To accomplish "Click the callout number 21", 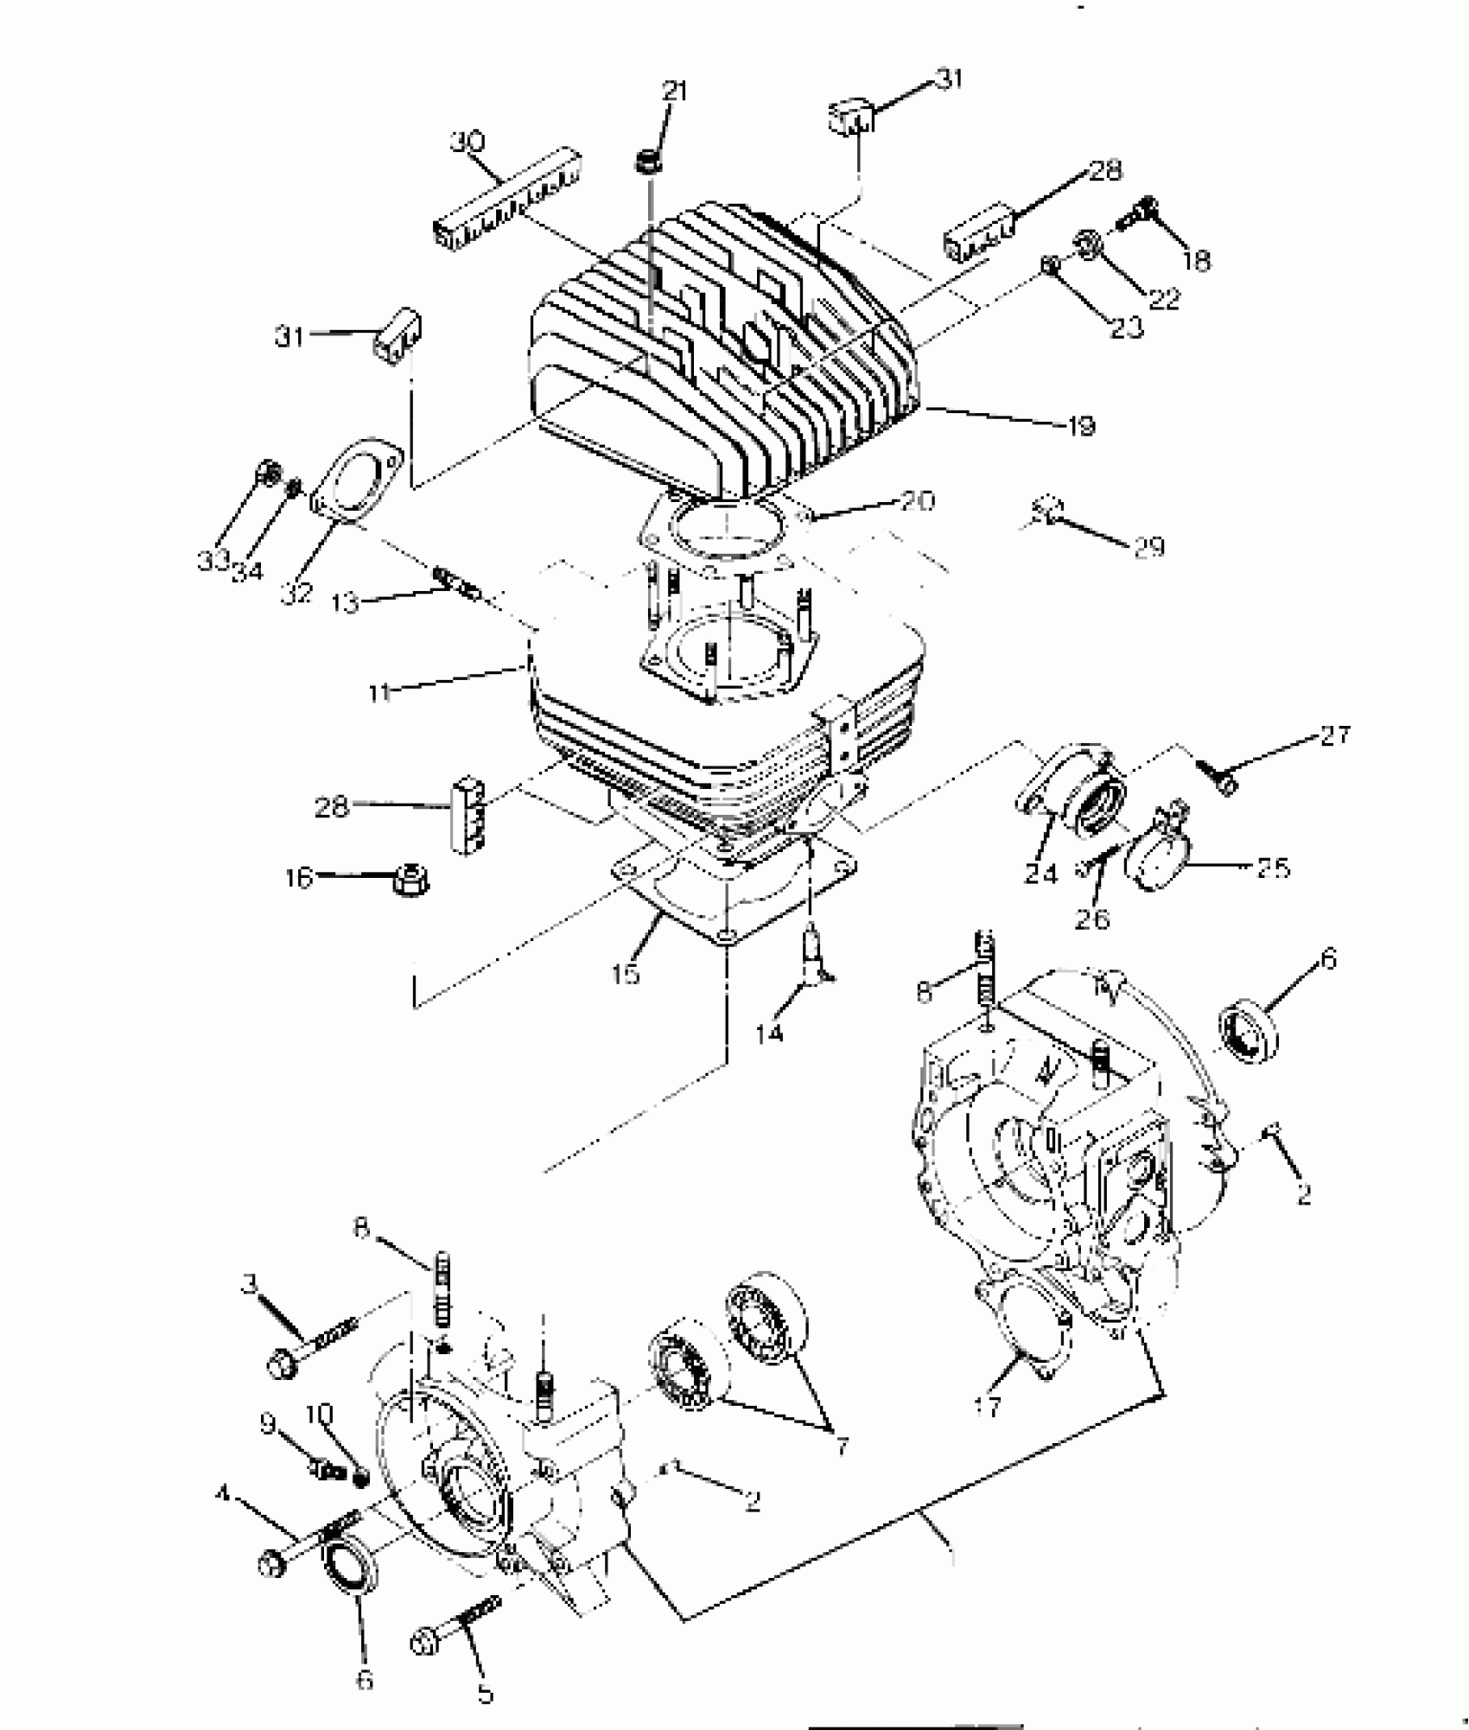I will coord(675,90).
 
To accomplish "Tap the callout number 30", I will coord(467,142).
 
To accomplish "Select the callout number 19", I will coord(1081,425).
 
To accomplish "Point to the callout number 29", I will coord(1149,547).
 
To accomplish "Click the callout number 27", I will coord(1334,736).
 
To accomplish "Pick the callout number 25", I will coord(1273,867).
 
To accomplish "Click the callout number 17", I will coord(987,1408).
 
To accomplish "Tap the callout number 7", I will coord(842,1444).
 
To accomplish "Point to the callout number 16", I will coord(298,878).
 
